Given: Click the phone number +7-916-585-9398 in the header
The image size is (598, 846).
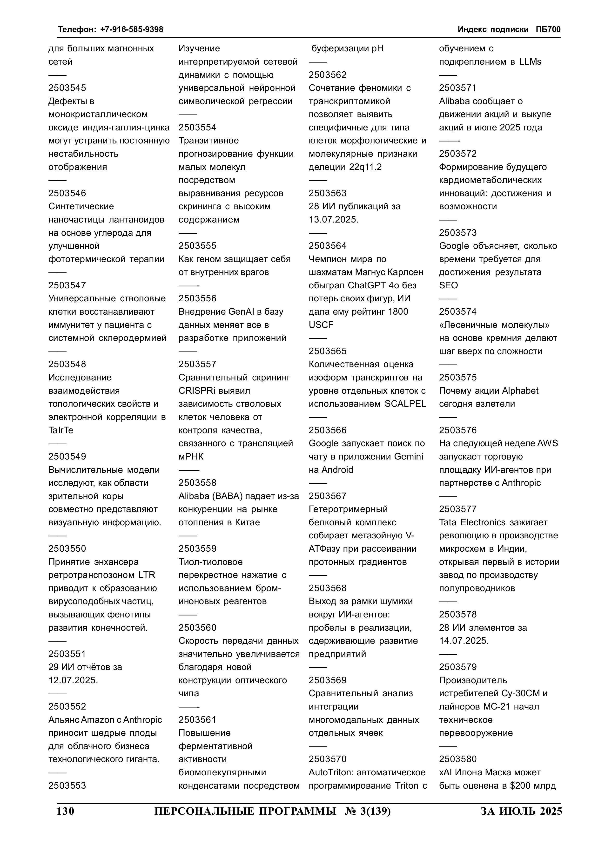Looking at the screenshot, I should tap(132, 29).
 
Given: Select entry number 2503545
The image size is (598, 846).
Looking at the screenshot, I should tap(67, 88).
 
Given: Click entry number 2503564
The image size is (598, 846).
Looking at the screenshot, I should tap(328, 246).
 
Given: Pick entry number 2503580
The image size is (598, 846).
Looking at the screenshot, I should tap(458, 759).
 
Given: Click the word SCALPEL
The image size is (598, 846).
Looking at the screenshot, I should tap(405, 404).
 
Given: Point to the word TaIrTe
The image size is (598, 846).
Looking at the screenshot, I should tap(61, 430).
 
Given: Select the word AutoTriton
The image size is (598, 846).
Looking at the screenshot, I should tap(331, 772).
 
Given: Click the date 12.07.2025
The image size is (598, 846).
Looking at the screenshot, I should tap(73, 680).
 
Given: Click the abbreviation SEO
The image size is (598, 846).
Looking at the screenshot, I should tap(448, 285).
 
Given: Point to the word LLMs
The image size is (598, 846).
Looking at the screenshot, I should tap(530, 61).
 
